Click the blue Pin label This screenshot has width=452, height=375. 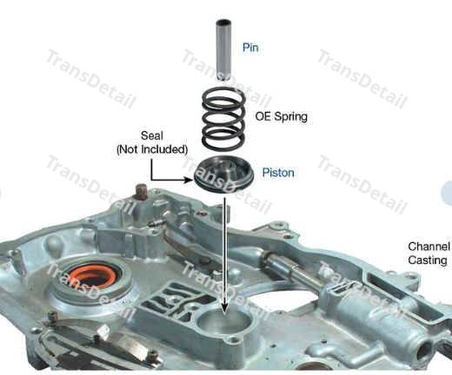pos(250,47)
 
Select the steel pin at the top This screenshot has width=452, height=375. pos(223,49)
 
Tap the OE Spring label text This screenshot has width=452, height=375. pos(281,116)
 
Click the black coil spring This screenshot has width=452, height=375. pos(223,119)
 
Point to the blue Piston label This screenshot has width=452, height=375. pos(278,173)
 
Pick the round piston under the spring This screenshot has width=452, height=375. pos(223,174)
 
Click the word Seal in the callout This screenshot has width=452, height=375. pos(152,135)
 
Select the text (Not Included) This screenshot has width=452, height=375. pos(152,149)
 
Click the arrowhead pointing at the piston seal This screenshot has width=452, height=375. pos(189,180)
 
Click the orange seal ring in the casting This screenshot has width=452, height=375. pos(89,277)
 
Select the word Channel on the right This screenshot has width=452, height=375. pos(429,247)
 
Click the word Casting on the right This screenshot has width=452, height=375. pos(428,260)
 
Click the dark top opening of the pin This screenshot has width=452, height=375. pos(223,22)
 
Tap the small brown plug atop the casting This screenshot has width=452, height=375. pos(142,192)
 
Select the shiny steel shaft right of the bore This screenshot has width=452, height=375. pos(293,268)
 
